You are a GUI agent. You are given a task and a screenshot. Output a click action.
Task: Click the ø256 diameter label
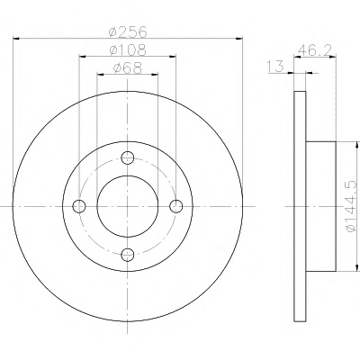click(x=128, y=31)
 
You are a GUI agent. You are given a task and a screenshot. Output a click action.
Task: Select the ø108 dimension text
click(x=128, y=49)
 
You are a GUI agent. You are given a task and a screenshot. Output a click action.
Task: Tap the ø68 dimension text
click(x=128, y=68)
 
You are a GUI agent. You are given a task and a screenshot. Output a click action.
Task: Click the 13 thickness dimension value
click(x=275, y=67)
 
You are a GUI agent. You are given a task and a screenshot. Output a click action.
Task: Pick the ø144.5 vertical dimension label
click(x=353, y=206)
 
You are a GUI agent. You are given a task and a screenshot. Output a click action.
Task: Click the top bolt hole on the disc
click(x=128, y=157)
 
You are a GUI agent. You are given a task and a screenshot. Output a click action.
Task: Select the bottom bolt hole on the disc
click(x=128, y=255)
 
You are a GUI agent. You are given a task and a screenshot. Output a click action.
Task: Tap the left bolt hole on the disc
click(x=79, y=206)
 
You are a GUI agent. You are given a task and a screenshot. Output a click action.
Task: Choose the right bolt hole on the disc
click(x=176, y=206)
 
